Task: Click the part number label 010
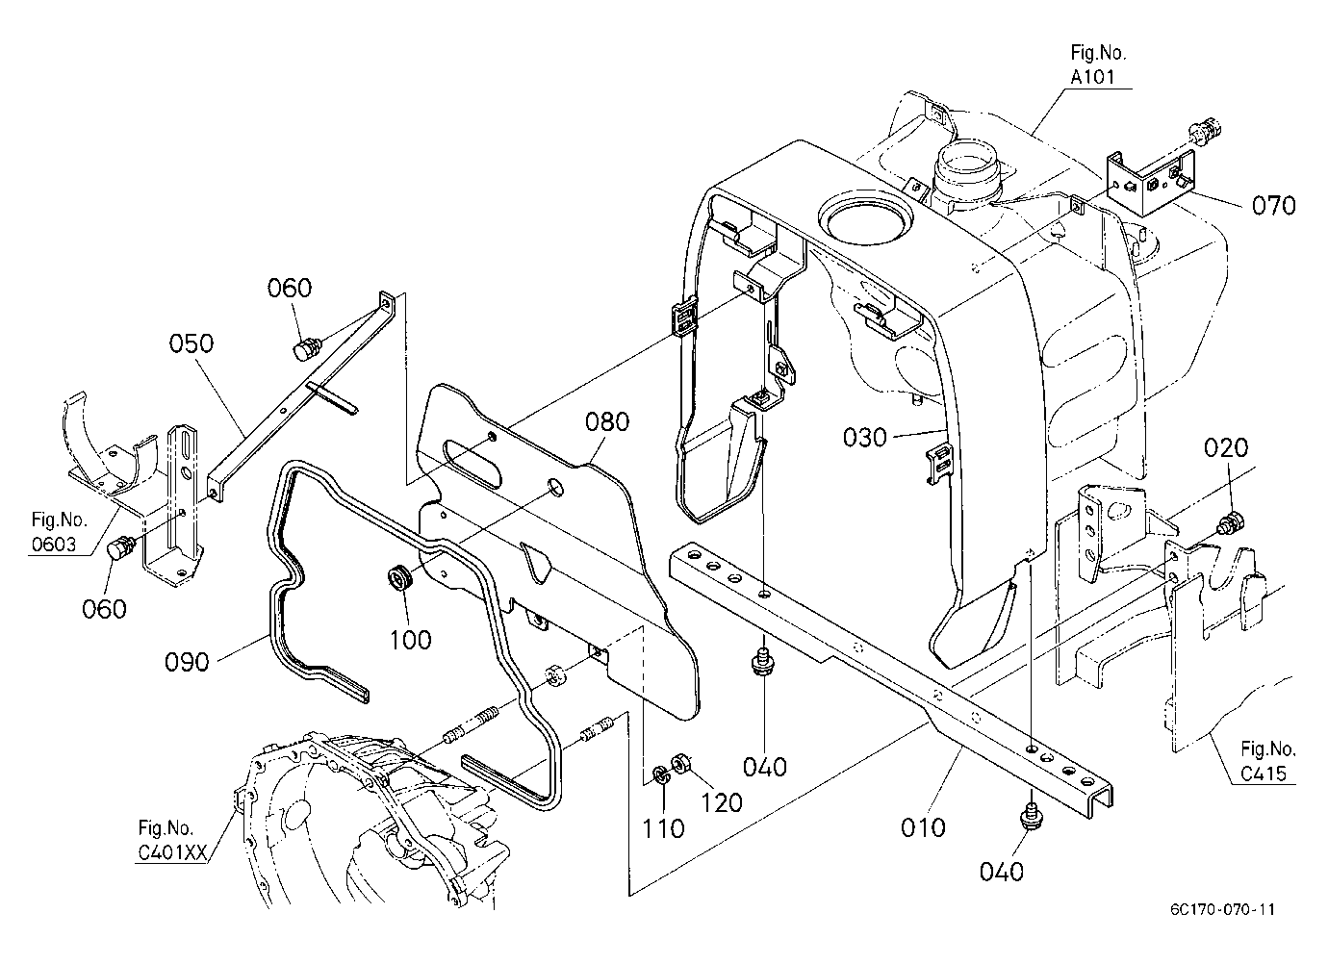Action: pos(923,827)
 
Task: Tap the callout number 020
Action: pos(1225,447)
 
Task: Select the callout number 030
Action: pos(865,438)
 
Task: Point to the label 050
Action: pos(191,343)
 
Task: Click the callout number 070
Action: pos(1273,206)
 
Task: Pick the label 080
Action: pos(607,422)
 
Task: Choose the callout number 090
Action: pos(187,662)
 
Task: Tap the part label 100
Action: pos(410,640)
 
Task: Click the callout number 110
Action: pos(663,828)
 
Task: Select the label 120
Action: pos(722,802)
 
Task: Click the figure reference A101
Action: pos(1092,77)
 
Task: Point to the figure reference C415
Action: pos(1264,774)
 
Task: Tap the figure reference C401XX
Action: pos(172,852)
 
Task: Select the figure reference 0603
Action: pos(54,545)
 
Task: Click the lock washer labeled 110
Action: pos(660,774)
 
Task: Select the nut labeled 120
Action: pos(678,762)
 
